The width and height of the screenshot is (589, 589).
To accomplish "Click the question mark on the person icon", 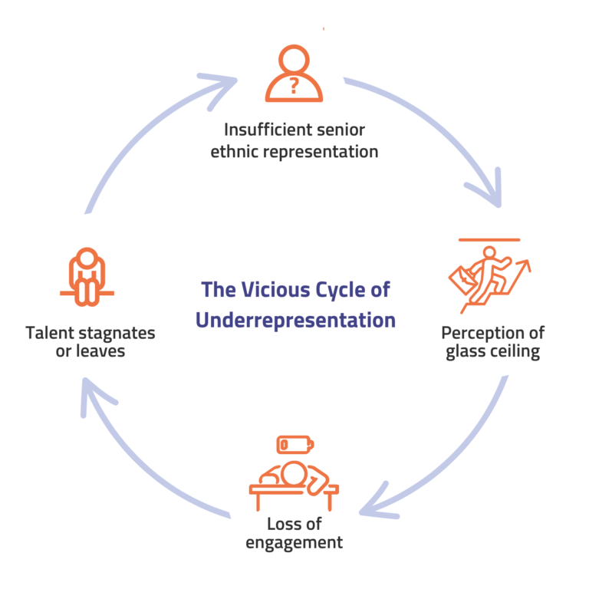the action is tap(294, 86).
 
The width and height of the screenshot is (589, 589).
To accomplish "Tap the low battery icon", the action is tap(295, 445).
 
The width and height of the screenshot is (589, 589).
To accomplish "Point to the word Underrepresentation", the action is tap(295, 320).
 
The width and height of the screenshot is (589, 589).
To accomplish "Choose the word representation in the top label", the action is tap(321, 152).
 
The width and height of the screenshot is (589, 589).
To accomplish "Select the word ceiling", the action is tap(514, 351).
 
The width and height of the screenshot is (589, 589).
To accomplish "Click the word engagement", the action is tap(294, 543).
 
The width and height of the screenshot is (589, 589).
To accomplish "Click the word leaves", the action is tap(100, 351).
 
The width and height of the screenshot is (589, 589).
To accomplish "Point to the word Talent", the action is tap(50, 333).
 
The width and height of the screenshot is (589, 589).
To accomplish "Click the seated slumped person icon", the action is tap(87, 277).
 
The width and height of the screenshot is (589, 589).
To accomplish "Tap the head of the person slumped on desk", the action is tap(294, 473).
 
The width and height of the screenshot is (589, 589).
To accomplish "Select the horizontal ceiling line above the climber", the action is tap(489, 239).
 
